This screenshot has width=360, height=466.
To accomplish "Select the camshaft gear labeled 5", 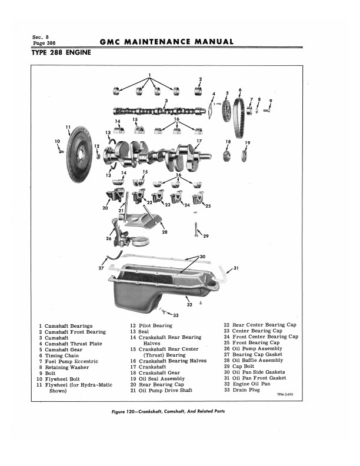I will [226, 110].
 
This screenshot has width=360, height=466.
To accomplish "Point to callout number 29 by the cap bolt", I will [205, 237].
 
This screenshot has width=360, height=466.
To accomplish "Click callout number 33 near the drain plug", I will [175, 315].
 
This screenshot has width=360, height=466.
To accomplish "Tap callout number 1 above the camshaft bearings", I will [149, 75].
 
